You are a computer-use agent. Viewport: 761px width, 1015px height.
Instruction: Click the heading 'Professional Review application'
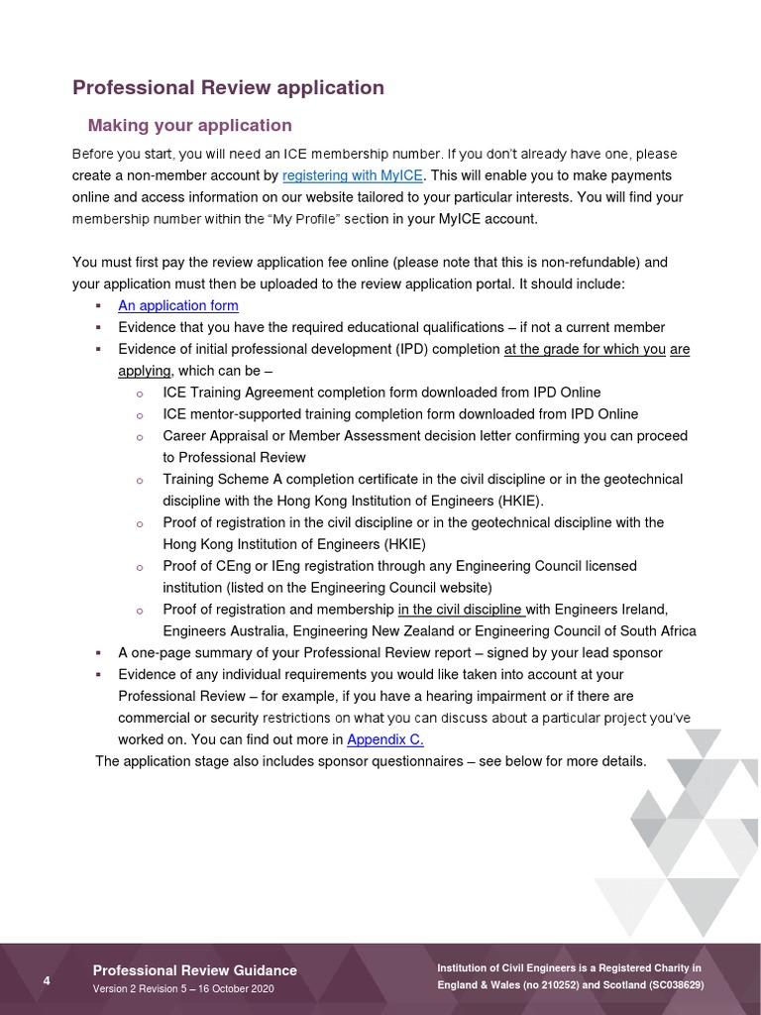tap(228, 87)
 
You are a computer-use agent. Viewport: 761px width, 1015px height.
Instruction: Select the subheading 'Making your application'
tap(189, 125)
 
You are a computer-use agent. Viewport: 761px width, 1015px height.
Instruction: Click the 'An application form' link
tap(178, 305)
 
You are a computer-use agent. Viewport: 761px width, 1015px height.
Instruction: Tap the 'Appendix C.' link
tap(385, 739)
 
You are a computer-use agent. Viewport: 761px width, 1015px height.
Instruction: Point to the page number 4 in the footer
tap(47, 980)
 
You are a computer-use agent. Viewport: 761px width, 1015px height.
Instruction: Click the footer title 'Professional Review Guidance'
tap(194, 970)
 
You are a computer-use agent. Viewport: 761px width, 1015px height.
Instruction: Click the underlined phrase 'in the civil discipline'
tap(461, 610)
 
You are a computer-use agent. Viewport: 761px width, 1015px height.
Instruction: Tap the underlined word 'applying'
tap(145, 371)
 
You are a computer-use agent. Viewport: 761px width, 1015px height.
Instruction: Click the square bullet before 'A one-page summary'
tap(98, 653)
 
